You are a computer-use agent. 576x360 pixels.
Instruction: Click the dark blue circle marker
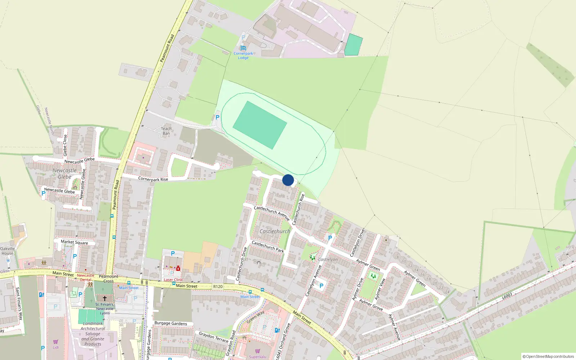click(288, 180)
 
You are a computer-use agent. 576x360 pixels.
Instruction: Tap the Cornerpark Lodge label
click(243, 55)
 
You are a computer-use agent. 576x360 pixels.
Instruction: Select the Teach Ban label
click(166, 131)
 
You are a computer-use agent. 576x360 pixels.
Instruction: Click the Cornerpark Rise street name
click(153, 179)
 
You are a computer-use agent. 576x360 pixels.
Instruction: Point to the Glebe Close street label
click(65, 145)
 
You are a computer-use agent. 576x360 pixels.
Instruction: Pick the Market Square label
click(74, 242)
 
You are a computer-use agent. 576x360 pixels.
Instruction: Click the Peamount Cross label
click(108, 279)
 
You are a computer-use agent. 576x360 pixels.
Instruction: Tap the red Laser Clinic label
click(174, 280)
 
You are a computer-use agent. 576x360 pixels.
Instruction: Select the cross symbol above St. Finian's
click(105, 298)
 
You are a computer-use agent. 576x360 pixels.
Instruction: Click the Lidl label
click(56, 347)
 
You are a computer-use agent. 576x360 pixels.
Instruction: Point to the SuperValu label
click(258, 357)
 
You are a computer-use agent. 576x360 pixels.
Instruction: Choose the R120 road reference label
click(218, 287)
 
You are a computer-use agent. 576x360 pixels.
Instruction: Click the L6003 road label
click(507, 296)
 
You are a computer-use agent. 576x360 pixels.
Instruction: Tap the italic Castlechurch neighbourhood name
click(275, 231)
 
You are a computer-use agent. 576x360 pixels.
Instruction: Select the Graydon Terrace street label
click(213, 337)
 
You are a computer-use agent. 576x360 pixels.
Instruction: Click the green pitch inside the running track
click(260, 125)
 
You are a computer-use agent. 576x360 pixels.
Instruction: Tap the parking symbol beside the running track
click(217, 117)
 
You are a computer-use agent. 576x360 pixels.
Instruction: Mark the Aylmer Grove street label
click(371, 305)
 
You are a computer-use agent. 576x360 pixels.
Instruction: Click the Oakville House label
click(7, 251)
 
